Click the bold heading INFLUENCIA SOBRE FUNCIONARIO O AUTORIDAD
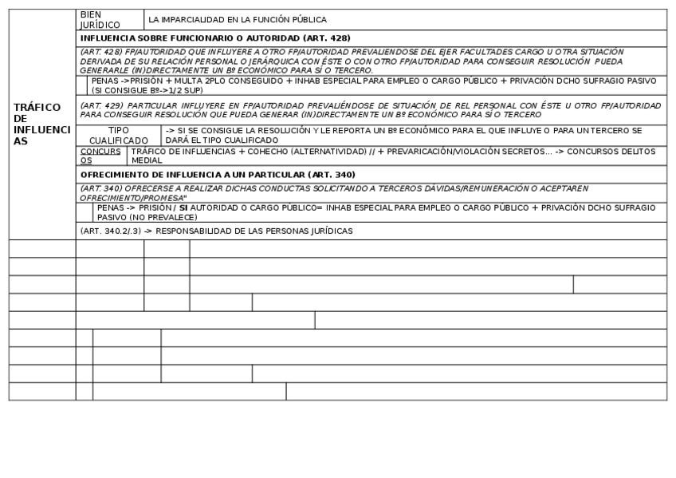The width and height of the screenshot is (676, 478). pyautogui.click(x=215, y=38)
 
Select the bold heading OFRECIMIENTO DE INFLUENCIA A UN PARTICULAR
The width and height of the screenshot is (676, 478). pyautogui.click(x=216, y=174)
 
